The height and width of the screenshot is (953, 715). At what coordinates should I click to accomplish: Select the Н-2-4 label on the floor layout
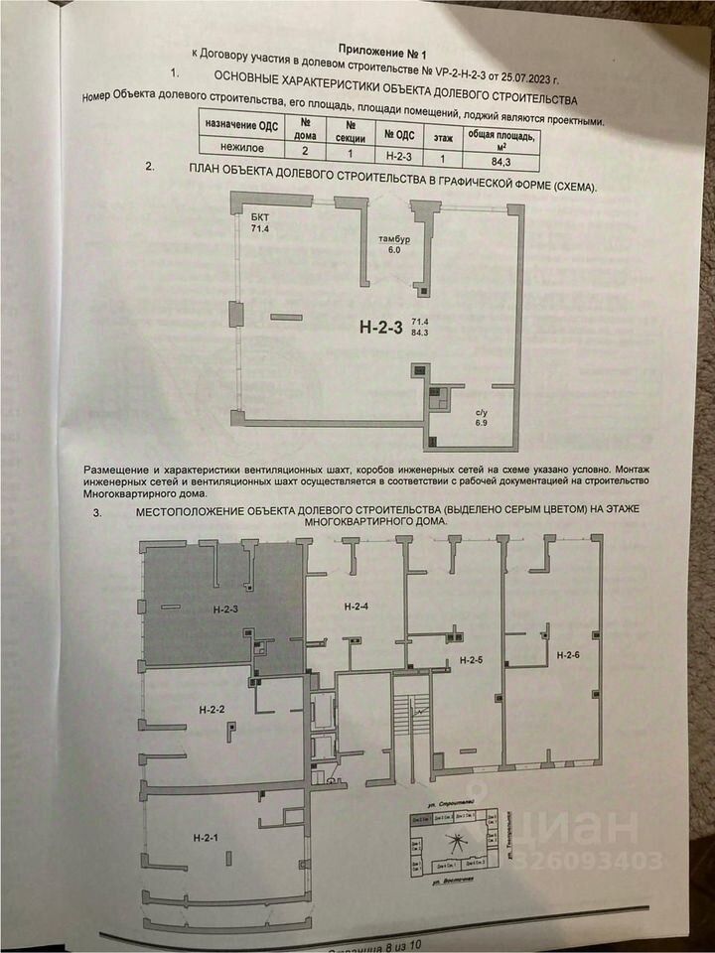356,606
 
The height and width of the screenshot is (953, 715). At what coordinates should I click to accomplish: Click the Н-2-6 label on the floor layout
568,655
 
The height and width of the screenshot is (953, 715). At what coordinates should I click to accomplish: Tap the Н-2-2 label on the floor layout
213,709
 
